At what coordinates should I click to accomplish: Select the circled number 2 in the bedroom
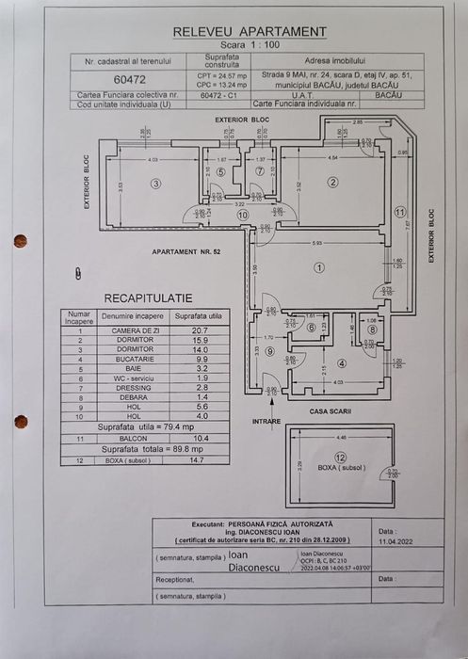tap(332, 182)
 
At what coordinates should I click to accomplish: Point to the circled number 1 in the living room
tap(319, 268)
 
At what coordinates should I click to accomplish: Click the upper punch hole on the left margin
tap(20, 241)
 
